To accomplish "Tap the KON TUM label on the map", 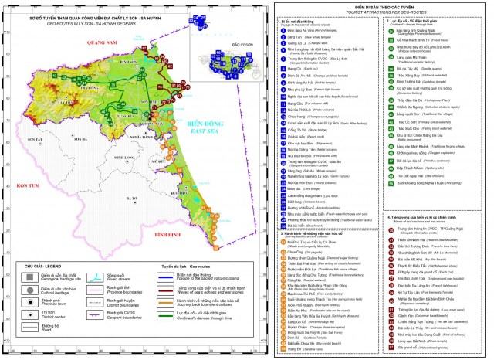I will [x=29, y=186].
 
